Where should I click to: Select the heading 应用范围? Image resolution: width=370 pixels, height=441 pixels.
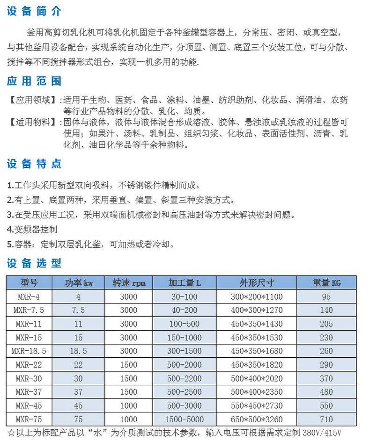coord(34,81)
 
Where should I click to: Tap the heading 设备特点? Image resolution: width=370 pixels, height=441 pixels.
coord(34,164)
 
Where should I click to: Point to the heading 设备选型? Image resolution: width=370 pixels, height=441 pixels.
coord(34,263)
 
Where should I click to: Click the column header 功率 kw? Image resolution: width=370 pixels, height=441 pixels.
coord(78,282)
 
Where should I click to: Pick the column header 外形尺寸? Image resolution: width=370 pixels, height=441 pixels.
coord(257,282)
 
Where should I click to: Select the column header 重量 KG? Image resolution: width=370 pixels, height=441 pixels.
coord(326,282)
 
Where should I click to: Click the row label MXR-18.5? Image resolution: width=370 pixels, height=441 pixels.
coord(30,351)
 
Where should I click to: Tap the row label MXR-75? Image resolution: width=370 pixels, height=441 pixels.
coord(30,419)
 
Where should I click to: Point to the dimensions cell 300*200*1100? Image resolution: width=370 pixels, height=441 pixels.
coord(257,296)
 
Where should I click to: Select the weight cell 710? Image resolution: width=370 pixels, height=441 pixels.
coord(326,419)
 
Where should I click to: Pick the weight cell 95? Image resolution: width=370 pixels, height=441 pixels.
coord(326,296)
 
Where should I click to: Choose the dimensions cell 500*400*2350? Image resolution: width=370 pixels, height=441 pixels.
coord(257,392)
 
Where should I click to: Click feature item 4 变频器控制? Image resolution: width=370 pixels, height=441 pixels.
coord(33,229)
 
